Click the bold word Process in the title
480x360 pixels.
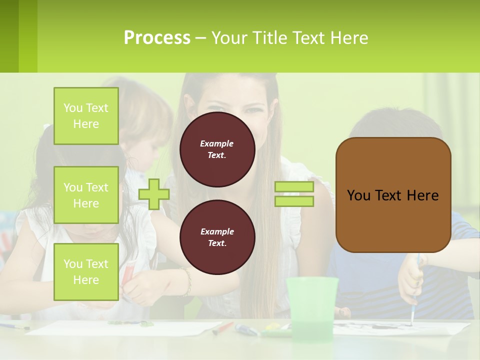pos(157,38)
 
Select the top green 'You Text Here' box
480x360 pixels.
pos(86,116)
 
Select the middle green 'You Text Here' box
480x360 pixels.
pos(86,195)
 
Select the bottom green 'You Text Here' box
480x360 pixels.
pos(86,272)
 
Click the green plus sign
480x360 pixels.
pos(154,194)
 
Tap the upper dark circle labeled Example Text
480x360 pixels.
pos(217,149)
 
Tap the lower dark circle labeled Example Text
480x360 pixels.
pos(217,237)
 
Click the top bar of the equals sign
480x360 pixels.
pos(294,187)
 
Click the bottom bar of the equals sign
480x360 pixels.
pos(294,201)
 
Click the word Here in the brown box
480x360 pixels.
pos(422,195)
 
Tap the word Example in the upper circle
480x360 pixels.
pos(217,143)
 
